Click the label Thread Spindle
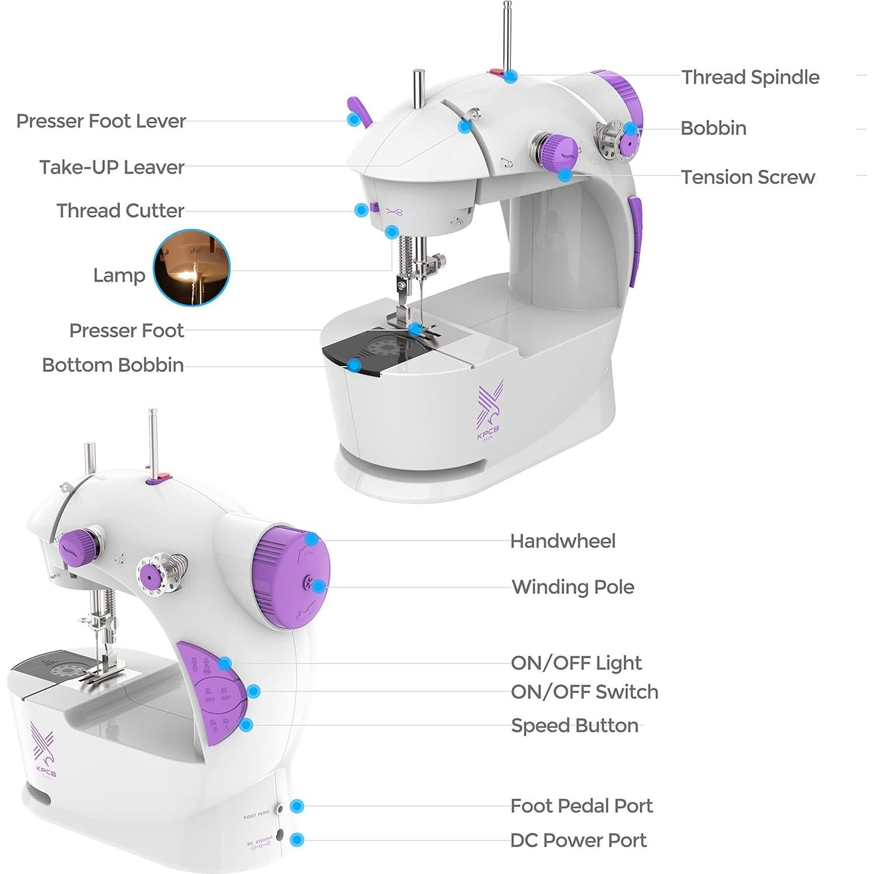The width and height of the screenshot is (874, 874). [x=750, y=77]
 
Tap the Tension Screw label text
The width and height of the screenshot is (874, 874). [x=748, y=177]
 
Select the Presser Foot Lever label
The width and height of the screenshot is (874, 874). [x=101, y=121]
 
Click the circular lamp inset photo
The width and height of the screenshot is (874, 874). [x=191, y=267]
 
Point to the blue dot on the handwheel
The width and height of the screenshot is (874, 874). [x=312, y=539]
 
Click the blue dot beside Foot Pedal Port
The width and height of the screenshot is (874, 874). [x=297, y=806]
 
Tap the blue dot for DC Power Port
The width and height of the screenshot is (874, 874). [x=297, y=840]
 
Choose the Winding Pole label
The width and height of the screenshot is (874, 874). [x=573, y=587]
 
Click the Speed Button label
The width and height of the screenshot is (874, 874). [x=574, y=725]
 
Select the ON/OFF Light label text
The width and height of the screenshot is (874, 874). [x=576, y=663]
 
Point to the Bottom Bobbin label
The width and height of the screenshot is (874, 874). [x=113, y=365]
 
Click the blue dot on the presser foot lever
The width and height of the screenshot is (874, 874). [x=353, y=119]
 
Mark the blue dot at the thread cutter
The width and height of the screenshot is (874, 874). [x=361, y=210]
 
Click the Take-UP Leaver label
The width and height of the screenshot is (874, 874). [x=112, y=167]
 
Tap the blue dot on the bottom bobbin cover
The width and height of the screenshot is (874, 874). [x=353, y=365]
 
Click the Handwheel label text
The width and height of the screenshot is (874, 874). [x=563, y=541]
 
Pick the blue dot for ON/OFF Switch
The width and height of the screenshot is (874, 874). [x=253, y=691]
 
